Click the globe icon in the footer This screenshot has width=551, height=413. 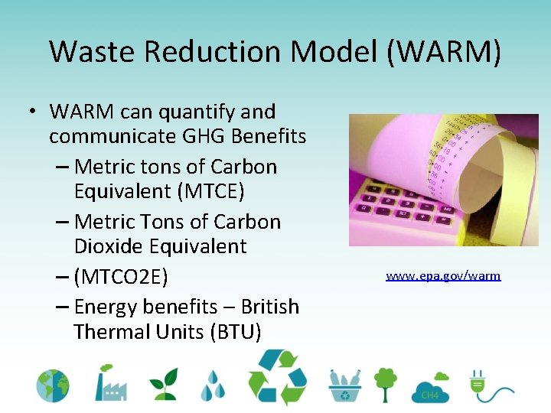(53, 386)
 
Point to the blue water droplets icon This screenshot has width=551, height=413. (214, 385)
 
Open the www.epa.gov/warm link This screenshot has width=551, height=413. (443, 275)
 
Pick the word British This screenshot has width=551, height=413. (270, 307)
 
